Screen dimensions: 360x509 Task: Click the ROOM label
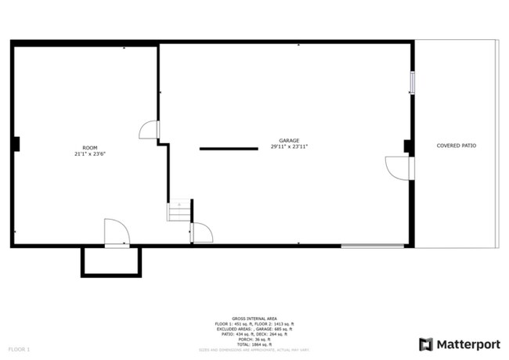90,148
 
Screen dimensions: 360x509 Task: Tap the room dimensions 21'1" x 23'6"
90,154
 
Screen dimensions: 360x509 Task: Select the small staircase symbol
179,211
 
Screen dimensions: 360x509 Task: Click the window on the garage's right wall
412,82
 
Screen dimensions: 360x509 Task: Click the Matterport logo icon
425,344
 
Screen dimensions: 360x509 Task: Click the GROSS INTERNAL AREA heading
254,319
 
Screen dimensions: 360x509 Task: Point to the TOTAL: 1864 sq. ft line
254,344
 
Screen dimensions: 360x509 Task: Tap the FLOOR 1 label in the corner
19,348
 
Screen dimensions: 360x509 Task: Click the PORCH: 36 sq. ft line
254,339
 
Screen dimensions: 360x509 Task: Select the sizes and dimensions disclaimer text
254,349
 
